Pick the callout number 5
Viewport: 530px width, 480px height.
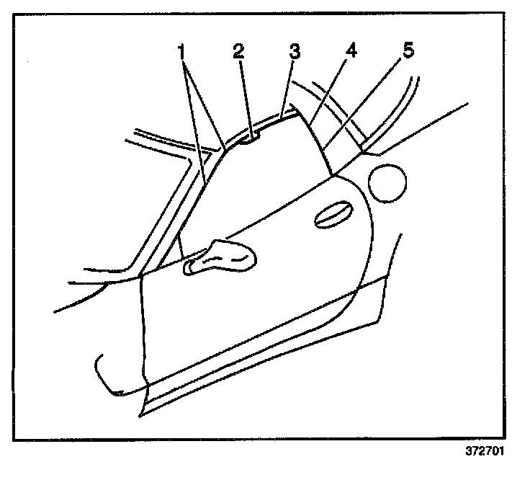click(408, 53)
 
